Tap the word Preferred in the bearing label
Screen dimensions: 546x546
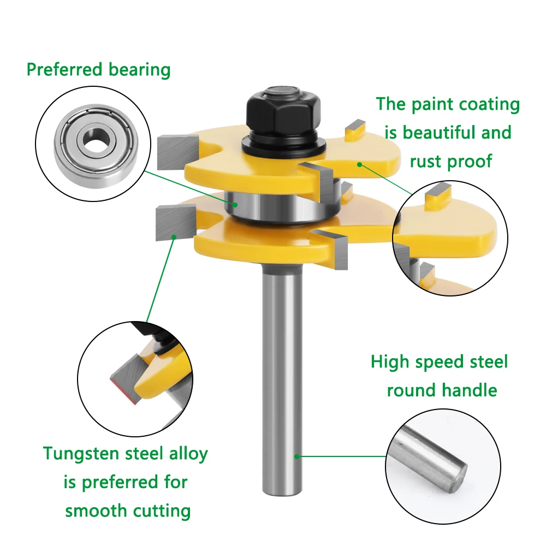[x=64, y=70]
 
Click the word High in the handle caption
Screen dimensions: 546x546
[x=390, y=362]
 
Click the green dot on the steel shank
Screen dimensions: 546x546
[x=297, y=455]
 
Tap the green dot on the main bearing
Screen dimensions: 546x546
[x=236, y=204]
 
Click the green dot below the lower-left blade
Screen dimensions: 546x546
[x=174, y=237]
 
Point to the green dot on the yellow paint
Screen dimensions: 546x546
[x=360, y=164]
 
